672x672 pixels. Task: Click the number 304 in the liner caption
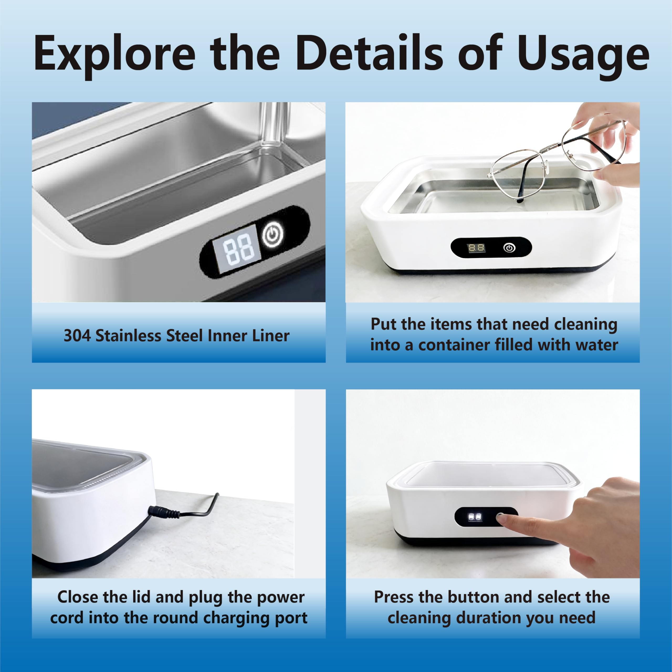77,336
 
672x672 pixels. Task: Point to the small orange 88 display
476,248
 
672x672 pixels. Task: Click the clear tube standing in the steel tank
274,125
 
